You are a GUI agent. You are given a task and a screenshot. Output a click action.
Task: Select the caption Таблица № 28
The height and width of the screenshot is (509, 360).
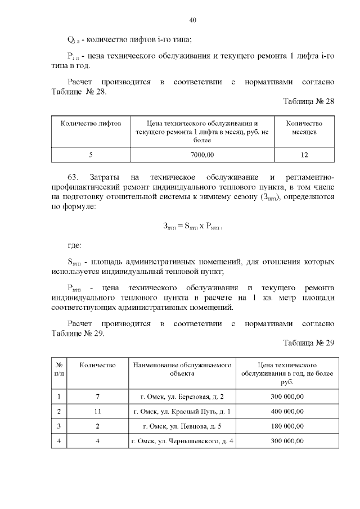(309, 102)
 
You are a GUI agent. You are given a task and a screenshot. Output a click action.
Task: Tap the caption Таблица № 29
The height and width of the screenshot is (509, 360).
(309, 343)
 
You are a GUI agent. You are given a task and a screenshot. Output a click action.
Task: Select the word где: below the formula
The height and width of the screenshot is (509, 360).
(74, 245)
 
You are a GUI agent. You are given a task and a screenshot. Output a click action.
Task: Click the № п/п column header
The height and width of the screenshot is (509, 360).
(59, 369)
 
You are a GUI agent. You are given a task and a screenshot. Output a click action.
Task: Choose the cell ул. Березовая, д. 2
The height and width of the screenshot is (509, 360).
(182, 397)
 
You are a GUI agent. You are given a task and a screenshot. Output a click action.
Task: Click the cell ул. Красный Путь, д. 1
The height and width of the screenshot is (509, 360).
(182, 411)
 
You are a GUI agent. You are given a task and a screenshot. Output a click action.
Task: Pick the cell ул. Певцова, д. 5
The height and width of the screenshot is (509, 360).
(182, 426)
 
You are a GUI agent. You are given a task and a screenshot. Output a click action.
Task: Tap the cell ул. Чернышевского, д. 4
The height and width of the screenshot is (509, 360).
(182, 440)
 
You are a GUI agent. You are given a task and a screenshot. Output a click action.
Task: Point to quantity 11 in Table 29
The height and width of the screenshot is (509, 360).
(98, 411)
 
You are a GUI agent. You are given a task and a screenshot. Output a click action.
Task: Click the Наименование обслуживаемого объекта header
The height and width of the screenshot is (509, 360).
(182, 369)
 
